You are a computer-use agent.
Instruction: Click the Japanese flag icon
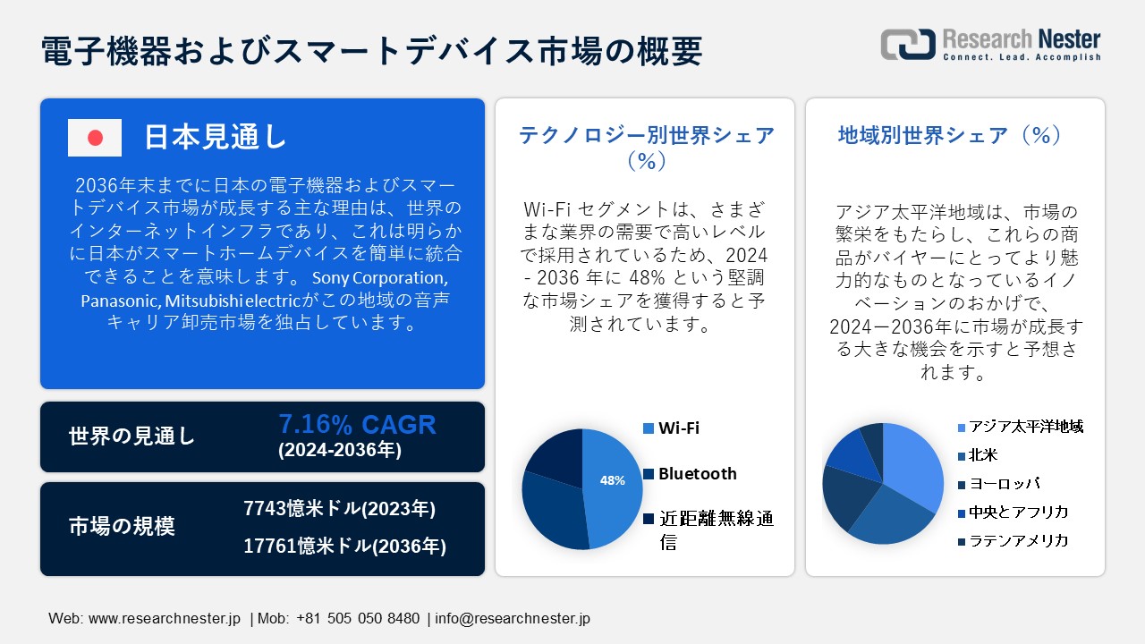pos(95,138)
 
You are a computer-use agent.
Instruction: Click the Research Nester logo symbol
pos(908,45)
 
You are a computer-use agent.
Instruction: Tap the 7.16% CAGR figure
pos(357,424)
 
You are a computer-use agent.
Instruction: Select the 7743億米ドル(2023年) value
pos(339,509)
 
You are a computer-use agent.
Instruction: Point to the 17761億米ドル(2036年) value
pos(344,546)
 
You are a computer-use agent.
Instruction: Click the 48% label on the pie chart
pos(612,480)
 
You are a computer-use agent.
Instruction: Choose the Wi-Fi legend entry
pos(679,428)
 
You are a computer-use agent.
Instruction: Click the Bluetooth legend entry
pos(697,473)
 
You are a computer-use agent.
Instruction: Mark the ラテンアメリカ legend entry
pos(1019,541)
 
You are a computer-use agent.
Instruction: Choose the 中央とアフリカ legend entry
pos(1019,513)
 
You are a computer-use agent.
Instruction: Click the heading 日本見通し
pos(216,137)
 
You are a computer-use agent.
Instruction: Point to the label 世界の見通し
pos(131,436)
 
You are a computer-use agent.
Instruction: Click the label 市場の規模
pos(122,527)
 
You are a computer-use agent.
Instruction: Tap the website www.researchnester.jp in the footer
pos(165,618)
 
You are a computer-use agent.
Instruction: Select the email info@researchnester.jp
pos(513,618)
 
